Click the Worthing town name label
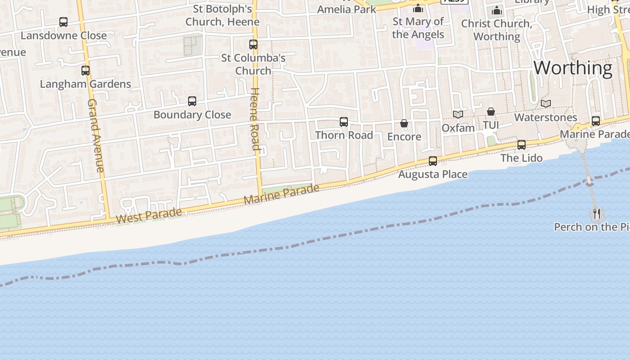572,68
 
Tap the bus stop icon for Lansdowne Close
63,22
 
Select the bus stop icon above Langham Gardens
85,71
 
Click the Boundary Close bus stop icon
192,101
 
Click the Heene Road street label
255,119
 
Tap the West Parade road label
149,215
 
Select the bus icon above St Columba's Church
253,45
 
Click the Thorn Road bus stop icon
344,122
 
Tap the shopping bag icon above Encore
404,123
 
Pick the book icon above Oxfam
458,115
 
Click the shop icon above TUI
491,112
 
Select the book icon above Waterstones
546,104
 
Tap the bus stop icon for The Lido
522,145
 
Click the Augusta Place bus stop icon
433,161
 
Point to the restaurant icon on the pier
597,213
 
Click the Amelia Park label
346,9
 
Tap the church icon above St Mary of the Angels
418,9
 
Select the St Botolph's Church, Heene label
222,15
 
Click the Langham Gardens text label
85,84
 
